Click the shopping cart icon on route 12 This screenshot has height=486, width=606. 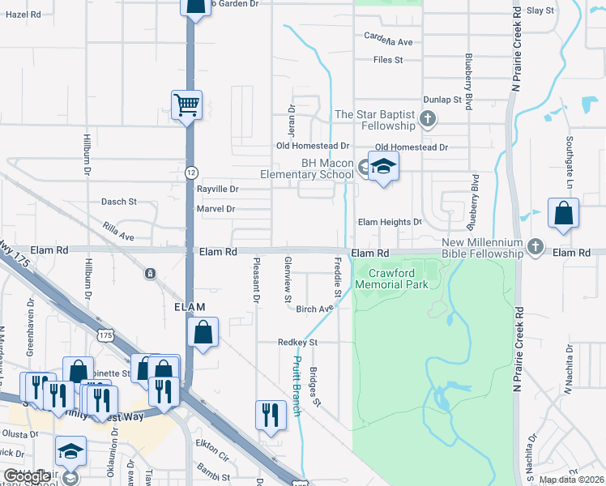(186, 104)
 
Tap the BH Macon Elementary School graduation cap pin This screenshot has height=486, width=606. (384, 167)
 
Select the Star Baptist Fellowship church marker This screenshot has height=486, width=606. (429, 121)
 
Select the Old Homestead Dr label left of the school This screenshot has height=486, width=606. (312, 147)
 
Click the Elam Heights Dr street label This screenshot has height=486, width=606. (390, 222)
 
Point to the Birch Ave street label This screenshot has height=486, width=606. (314, 309)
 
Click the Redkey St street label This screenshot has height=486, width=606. (297, 343)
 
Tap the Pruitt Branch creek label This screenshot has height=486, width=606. (297, 386)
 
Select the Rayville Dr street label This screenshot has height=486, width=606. (218, 189)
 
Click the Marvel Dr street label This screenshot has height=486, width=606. (216, 209)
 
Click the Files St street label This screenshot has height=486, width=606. (388, 60)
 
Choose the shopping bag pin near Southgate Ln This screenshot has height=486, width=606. (563, 215)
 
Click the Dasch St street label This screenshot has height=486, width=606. (120, 201)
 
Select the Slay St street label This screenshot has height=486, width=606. (540, 11)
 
